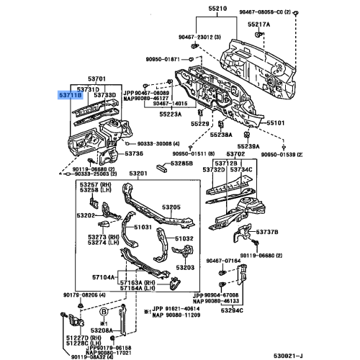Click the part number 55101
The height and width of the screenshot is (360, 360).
[x=277, y=123]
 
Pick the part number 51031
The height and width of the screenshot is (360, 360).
[x=142, y=226]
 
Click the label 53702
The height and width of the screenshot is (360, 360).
[x=235, y=155]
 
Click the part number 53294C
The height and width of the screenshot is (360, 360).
[x=233, y=310]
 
